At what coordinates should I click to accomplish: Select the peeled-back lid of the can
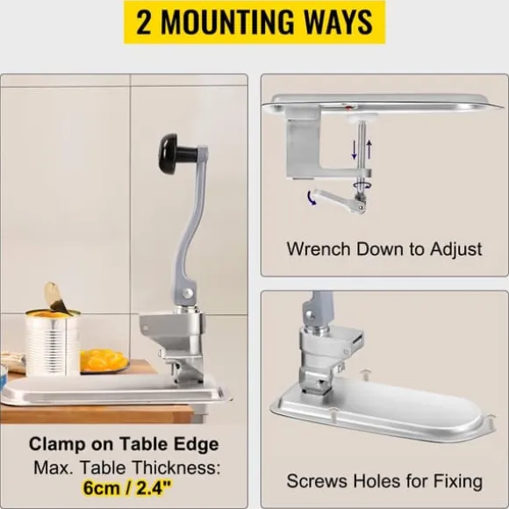pos(55,298)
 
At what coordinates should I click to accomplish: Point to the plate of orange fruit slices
pos(104,361)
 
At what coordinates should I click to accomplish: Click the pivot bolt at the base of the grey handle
pos(187,293)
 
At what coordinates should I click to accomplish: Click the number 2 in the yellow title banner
pos(144,22)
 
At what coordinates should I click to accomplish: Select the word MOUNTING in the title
pos(226,22)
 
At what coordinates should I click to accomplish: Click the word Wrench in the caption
pos(319,249)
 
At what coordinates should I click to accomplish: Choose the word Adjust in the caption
pos(455,249)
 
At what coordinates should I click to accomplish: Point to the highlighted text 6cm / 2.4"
pos(127,487)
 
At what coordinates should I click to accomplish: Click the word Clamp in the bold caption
pos(57,444)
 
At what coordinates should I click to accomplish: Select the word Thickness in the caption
pos(176,468)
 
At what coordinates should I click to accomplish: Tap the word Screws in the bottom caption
pos(317,481)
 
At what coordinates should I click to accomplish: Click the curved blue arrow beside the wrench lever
pos(311,198)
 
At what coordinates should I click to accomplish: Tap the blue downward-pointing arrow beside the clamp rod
pos(355,150)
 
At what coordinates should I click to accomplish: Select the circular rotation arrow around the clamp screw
pos(362,185)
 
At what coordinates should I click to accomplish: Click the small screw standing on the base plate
pos(366,374)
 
